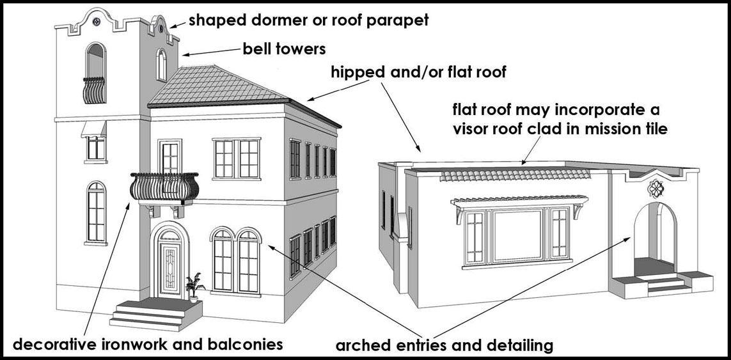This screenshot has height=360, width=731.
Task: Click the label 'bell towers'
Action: coord(284,49)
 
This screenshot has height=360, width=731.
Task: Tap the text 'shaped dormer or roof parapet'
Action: coord(308,20)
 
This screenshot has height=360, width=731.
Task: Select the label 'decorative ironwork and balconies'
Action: coord(148,344)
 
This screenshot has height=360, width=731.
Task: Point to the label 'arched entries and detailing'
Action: coord(444,346)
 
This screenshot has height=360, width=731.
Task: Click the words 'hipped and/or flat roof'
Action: coord(418,72)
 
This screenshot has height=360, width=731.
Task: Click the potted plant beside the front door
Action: coord(193,285)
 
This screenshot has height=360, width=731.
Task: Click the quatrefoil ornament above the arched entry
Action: coord(655,189)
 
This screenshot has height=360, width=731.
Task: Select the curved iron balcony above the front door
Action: coord(165,186)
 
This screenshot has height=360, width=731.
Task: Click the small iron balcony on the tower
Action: coord(95,90)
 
